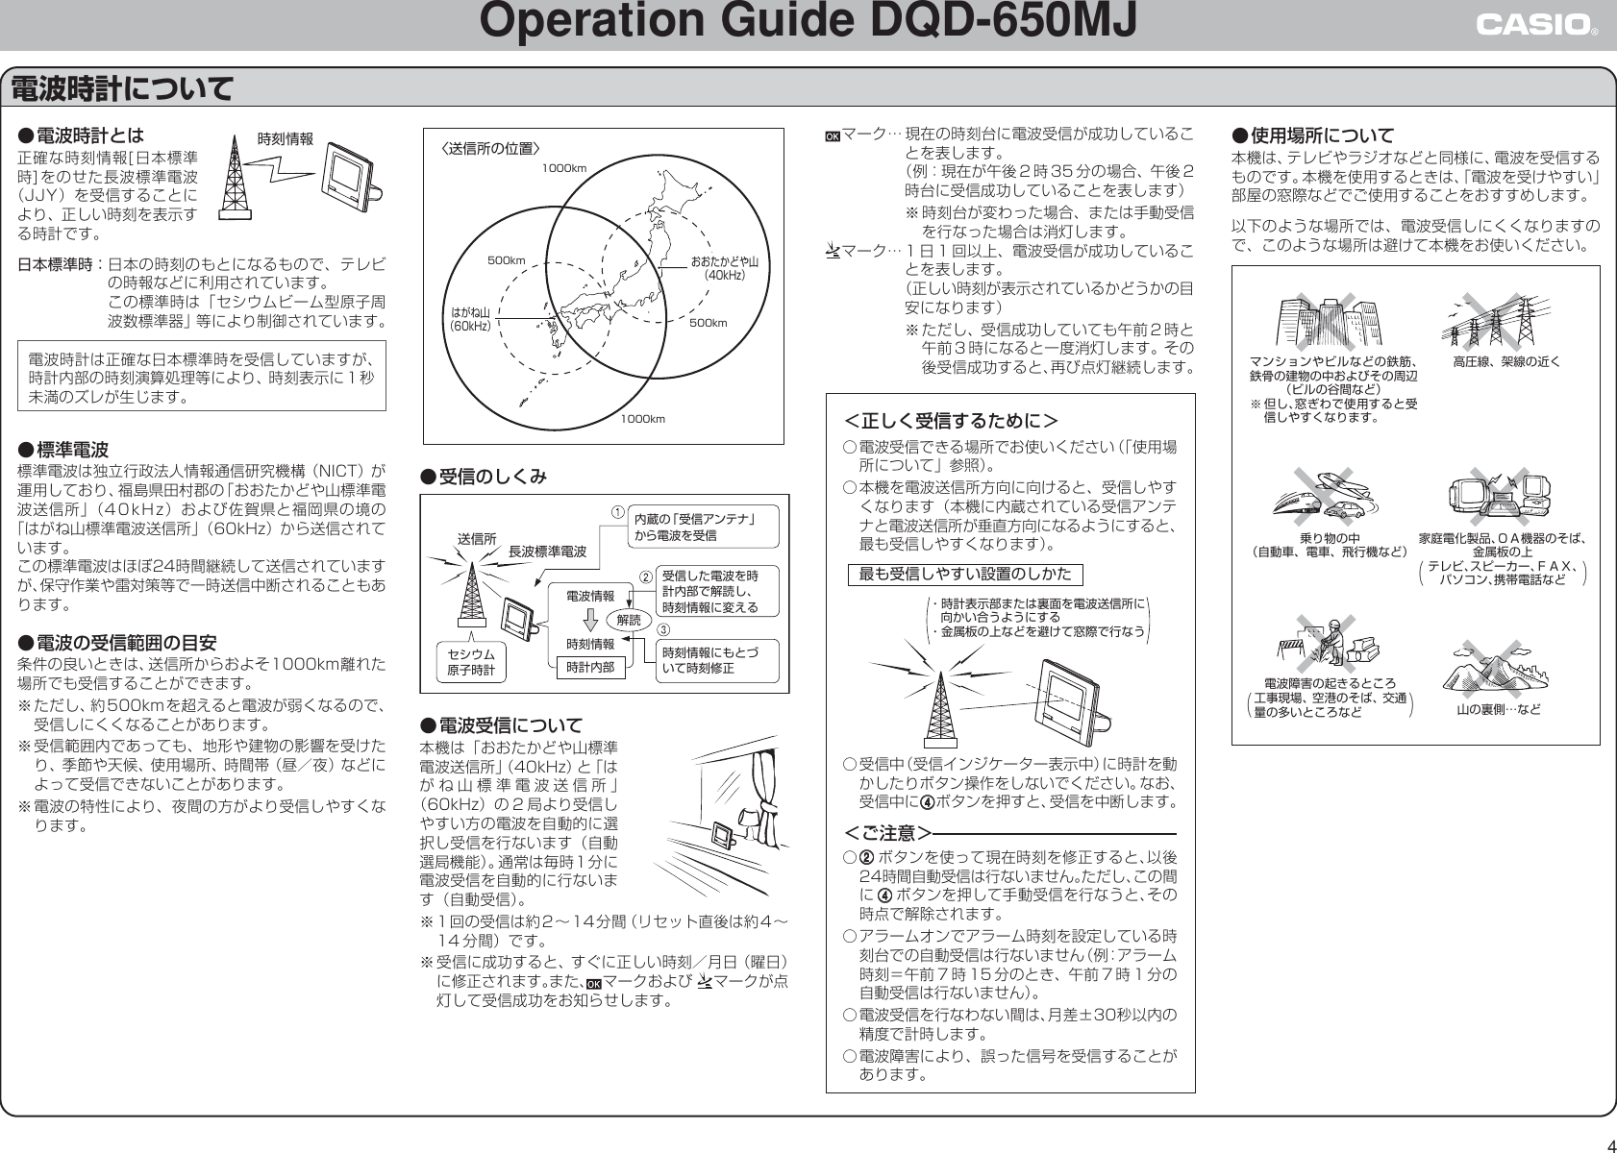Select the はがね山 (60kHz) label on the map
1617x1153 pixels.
click(x=471, y=319)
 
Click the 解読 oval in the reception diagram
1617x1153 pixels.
click(x=629, y=621)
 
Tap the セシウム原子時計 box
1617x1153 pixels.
click(x=471, y=662)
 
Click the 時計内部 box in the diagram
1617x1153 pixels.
click(x=590, y=666)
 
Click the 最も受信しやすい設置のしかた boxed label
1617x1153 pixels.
click(x=964, y=575)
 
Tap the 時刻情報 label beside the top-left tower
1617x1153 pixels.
click(x=286, y=138)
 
